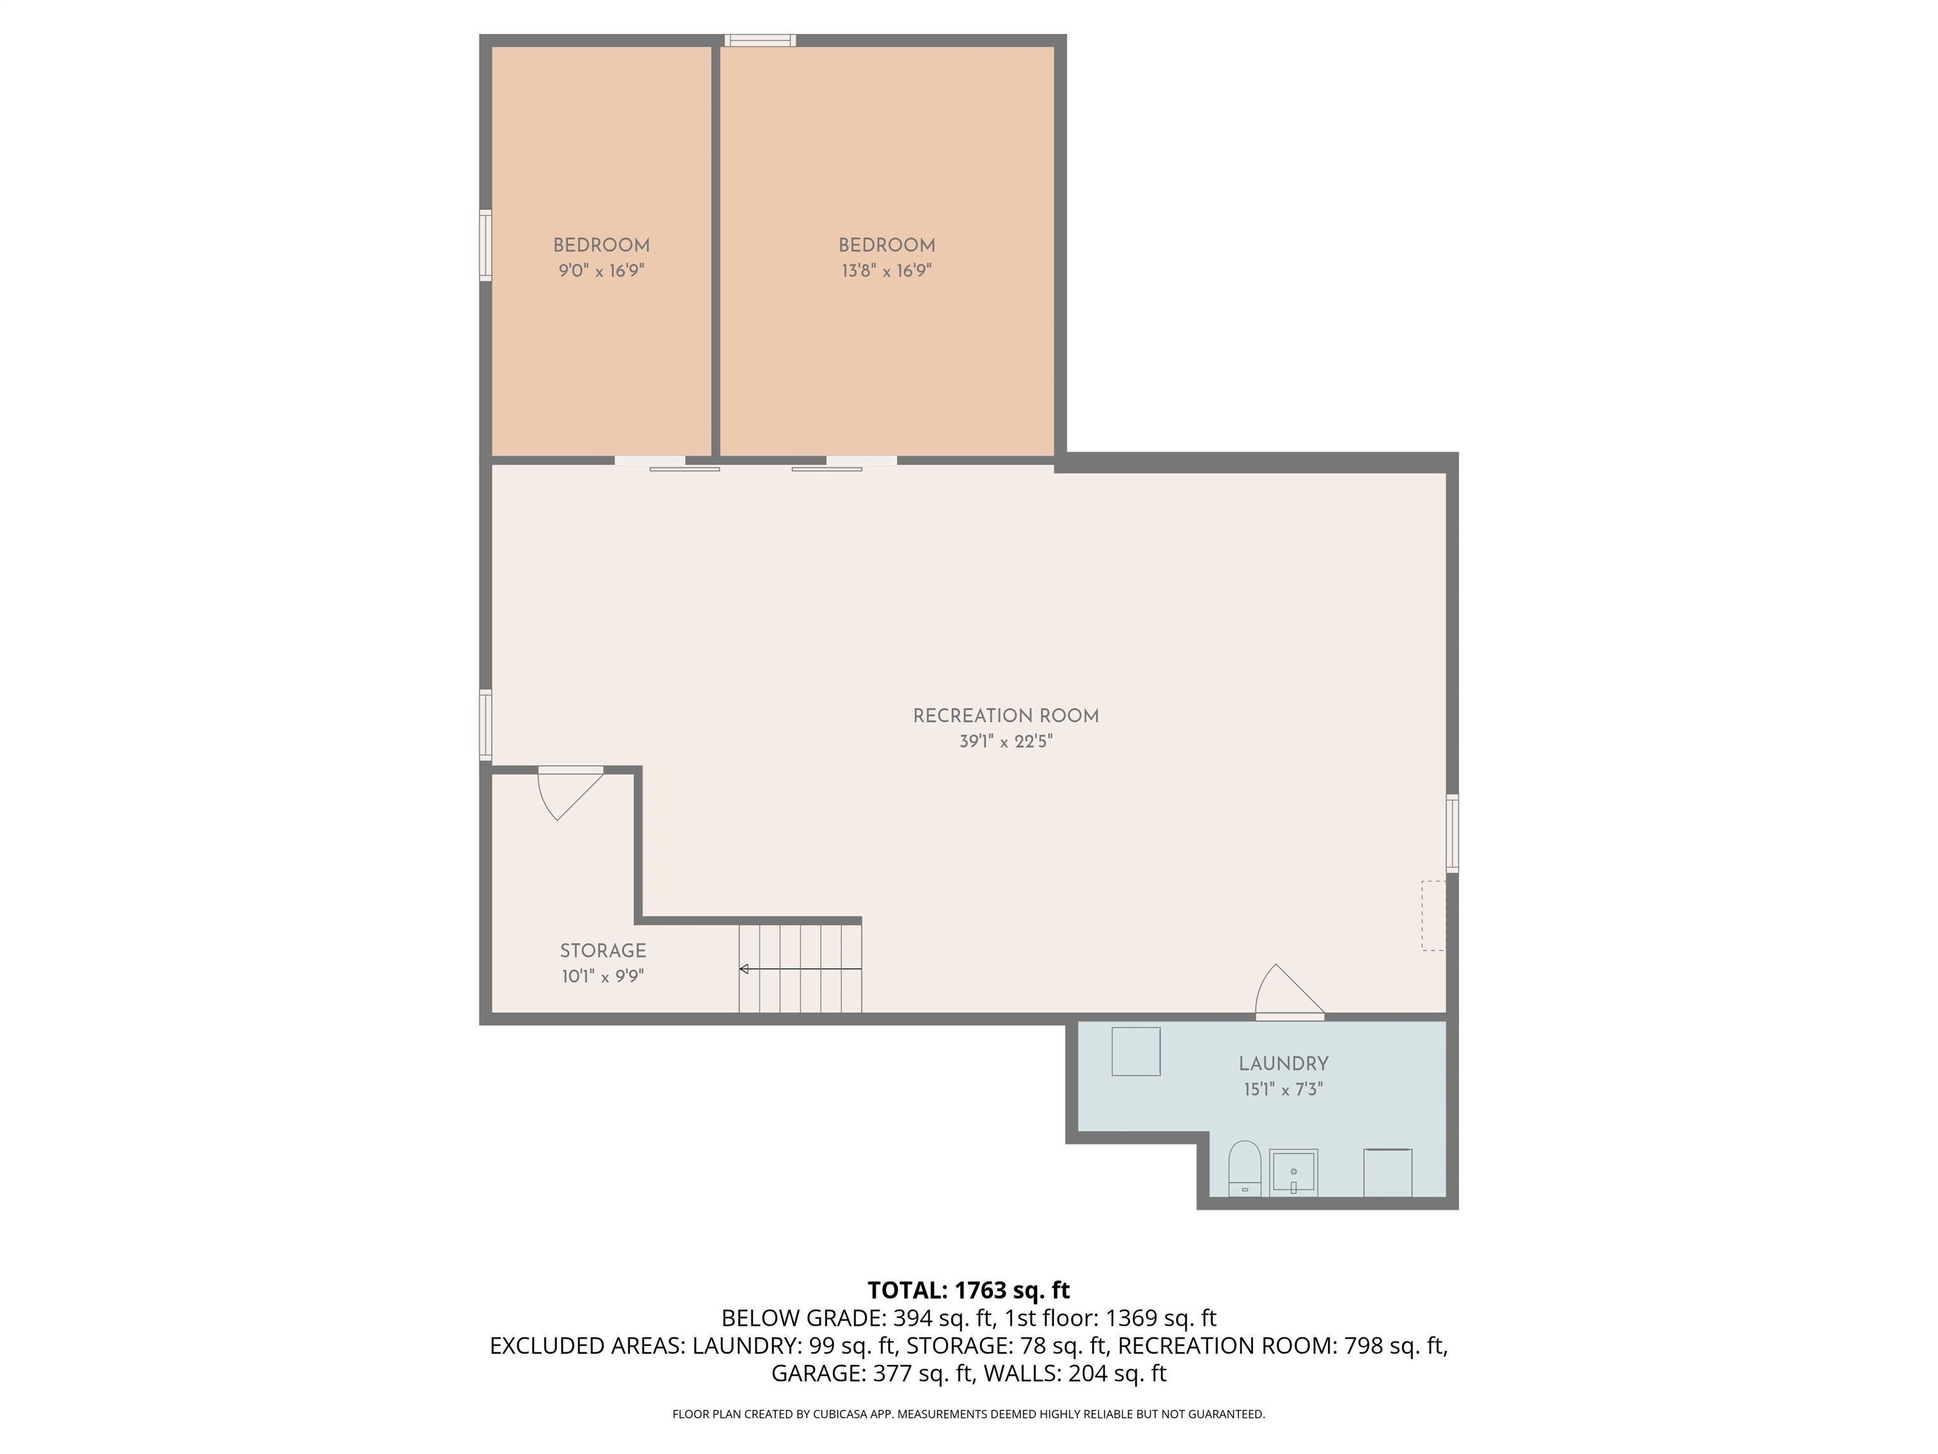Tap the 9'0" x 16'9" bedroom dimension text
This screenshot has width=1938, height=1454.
pyautogui.click(x=601, y=271)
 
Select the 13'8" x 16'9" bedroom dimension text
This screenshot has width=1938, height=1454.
pyautogui.click(x=886, y=271)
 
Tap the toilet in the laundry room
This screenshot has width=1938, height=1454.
pyautogui.click(x=1244, y=1167)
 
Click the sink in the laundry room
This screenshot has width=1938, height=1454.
pyautogui.click(x=1293, y=1173)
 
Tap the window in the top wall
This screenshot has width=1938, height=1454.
pyautogui.click(x=760, y=40)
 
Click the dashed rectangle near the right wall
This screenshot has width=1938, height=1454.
pyautogui.click(x=1433, y=915)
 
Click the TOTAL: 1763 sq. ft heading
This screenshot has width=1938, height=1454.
pyautogui.click(x=968, y=1290)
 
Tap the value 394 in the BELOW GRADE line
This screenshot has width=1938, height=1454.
pyautogui.click(x=911, y=1318)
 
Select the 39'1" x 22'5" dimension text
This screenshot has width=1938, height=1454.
pyautogui.click(x=1005, y=742)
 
